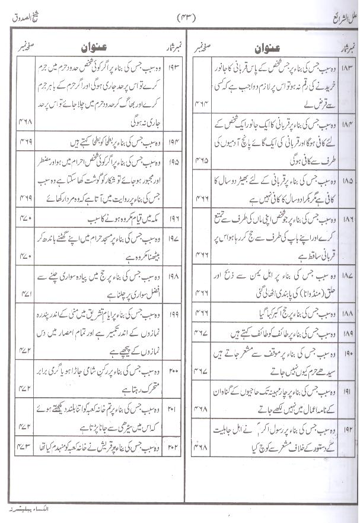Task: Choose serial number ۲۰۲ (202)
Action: click(174, 443)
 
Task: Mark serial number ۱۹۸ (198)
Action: click(174, 277)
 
